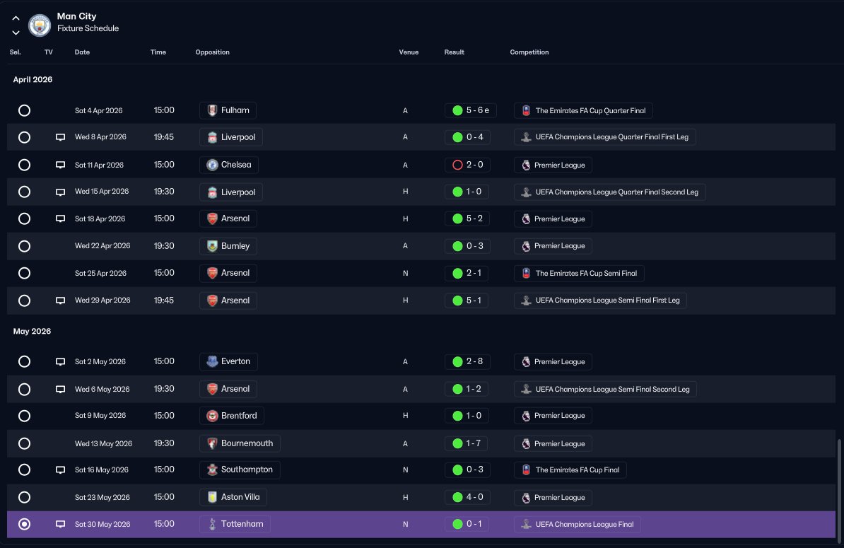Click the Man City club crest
tap(40, 25)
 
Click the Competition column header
tap(529, 52)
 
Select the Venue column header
tap(409, 52)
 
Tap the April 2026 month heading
tap(33, 80)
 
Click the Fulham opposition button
tap(228, 110)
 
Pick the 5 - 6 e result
tap(471, 110)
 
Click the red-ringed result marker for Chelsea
tap(457, 165)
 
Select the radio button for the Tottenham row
tap(24, 525)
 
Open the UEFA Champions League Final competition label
tap(577, 525)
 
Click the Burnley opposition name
tap(235, 246)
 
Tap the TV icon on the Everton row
tap(60, 362)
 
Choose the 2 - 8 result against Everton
tap(467, 362)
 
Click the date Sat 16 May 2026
tap(102, 470)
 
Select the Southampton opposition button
tap(240, 470)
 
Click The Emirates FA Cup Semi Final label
tap(579, 274)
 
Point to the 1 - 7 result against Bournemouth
tap(466, 443)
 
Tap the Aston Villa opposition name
tap(240, 497)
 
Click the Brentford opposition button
tap(232, 416)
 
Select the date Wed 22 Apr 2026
tap(102, 246)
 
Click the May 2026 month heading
tap(33, 332)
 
